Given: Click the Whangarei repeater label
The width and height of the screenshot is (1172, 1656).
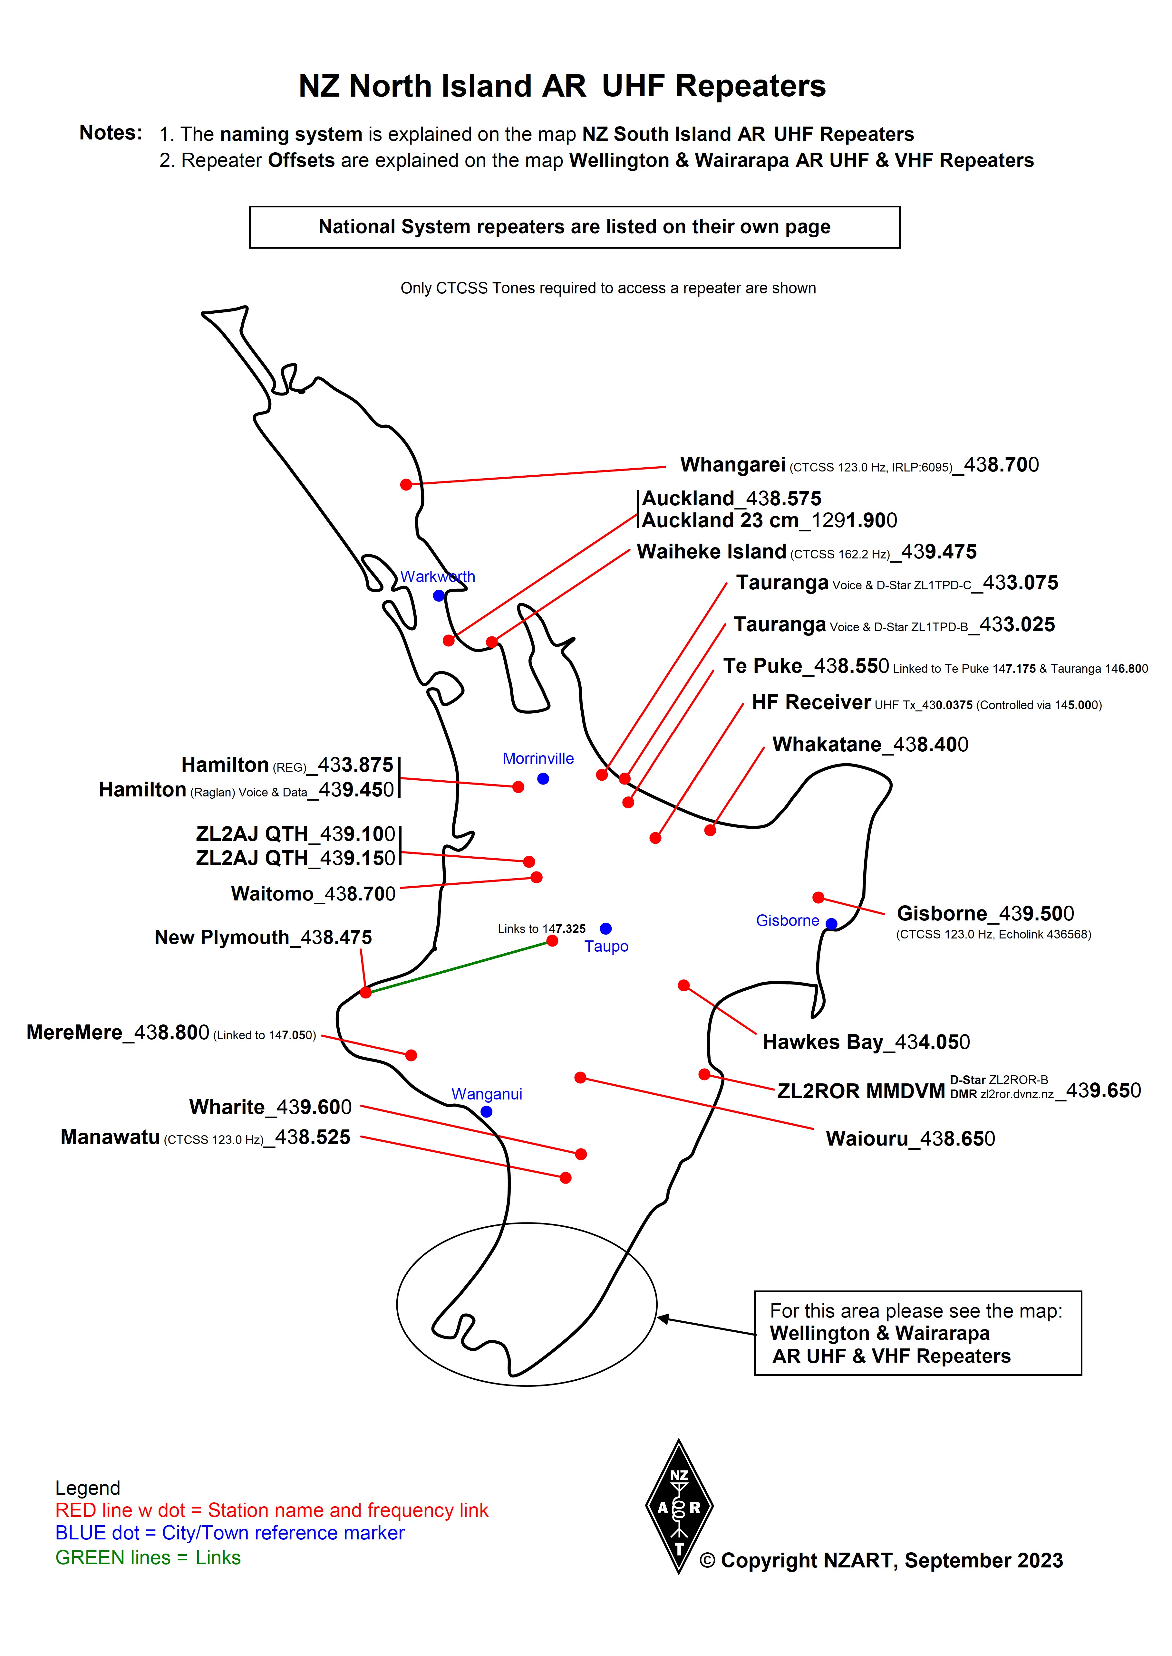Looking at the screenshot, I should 859,465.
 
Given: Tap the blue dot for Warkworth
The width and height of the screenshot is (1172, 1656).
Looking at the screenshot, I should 439,596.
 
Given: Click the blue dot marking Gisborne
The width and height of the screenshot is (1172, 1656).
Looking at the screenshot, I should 831,924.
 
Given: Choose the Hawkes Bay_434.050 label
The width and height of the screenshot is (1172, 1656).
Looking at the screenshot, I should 866,1042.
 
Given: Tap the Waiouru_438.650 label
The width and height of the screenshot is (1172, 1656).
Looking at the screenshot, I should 910,1139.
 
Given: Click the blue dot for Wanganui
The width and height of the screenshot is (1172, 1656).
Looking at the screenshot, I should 486,1112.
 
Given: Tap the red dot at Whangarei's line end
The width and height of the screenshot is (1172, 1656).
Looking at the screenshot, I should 406,485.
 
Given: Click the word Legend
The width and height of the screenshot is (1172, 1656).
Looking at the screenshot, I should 87,1488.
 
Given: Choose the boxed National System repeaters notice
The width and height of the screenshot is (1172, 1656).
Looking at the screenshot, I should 575,227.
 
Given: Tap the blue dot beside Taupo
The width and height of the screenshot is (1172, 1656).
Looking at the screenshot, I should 605,929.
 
